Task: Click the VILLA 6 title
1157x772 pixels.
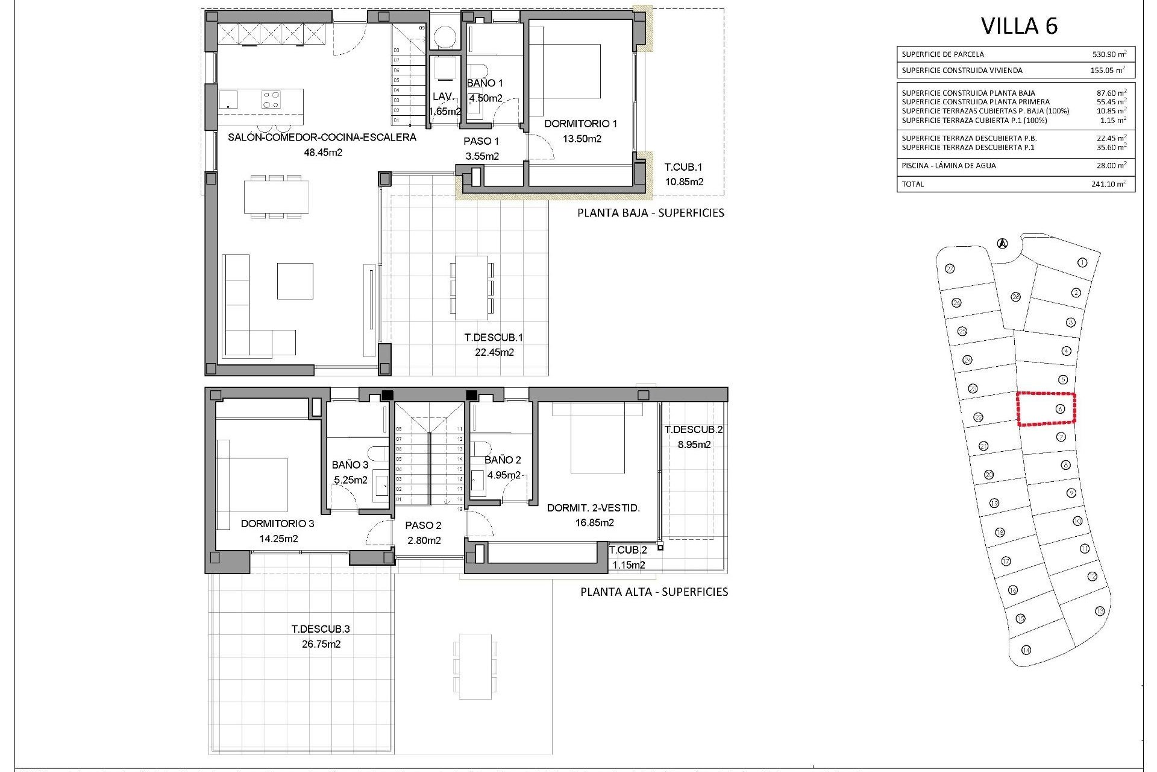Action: pos(1019,26)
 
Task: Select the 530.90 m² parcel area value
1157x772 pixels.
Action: pos(1109,54)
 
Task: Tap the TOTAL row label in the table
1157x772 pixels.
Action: pos(912,184)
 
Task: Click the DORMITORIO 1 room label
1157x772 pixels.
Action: pos(580,124)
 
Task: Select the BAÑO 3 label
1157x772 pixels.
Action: pos(350,464)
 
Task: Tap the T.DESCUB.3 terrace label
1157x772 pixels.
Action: pos(321,628)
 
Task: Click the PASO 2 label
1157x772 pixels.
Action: pos(424,525)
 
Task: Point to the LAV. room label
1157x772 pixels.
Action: pos(444,96)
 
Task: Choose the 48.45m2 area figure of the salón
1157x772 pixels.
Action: pos(322,153)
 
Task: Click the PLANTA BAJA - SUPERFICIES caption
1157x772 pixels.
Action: pos(650,213)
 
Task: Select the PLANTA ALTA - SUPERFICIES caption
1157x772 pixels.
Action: pos(654,592)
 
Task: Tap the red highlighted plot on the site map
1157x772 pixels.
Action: pos(1046,410)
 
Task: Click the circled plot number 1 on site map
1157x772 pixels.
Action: pos(1082,262)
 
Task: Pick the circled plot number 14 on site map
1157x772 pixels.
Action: pos(1026,650)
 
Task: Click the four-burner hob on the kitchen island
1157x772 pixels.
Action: pos(271,99)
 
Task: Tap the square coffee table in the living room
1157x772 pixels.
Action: pos(295,281)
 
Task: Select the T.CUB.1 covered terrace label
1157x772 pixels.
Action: pos(683,167)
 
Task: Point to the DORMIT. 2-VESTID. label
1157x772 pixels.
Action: pos(593,508)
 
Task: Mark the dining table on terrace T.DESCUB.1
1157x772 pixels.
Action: pos(471,288)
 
